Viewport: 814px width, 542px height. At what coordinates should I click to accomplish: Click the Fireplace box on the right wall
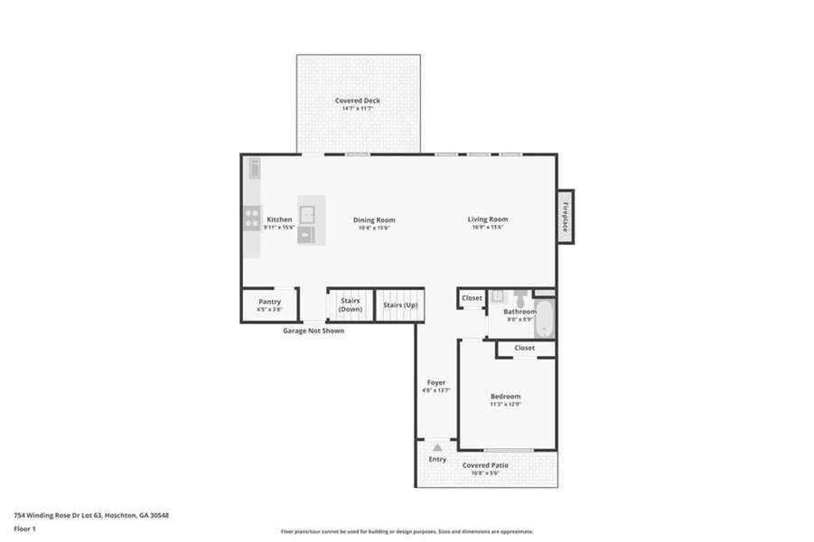(565, 217)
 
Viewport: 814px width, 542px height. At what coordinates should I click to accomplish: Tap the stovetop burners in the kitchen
(250, 219)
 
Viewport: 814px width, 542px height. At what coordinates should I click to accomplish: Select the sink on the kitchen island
(308, 213)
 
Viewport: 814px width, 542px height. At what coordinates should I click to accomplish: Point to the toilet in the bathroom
(521, 299)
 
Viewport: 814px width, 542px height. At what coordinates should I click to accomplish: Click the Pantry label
(269, 302)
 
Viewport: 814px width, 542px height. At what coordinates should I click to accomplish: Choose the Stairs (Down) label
(350, 305)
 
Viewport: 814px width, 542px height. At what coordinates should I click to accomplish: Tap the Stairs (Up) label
(399, 305)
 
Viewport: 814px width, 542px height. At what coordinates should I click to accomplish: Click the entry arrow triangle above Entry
(437, 447)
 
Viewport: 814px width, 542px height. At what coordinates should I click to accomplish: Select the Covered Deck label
(358, 100)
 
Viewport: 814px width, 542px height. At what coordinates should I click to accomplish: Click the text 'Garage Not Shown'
(313, 331)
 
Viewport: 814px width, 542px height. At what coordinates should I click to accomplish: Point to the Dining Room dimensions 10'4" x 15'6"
(373, 228)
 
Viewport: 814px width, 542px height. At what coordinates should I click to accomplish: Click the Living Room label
(487, 219)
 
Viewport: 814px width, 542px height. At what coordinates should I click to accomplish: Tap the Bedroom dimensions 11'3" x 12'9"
(506, 404)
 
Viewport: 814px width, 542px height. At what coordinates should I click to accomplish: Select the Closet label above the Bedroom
(525, 348)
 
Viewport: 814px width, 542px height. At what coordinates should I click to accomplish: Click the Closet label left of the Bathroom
(472, 297)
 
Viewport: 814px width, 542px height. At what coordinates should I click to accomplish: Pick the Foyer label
(435, 382)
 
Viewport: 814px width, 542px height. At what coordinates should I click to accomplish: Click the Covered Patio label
(486, 465)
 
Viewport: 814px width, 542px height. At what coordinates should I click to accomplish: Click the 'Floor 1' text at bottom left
(25, 528)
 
